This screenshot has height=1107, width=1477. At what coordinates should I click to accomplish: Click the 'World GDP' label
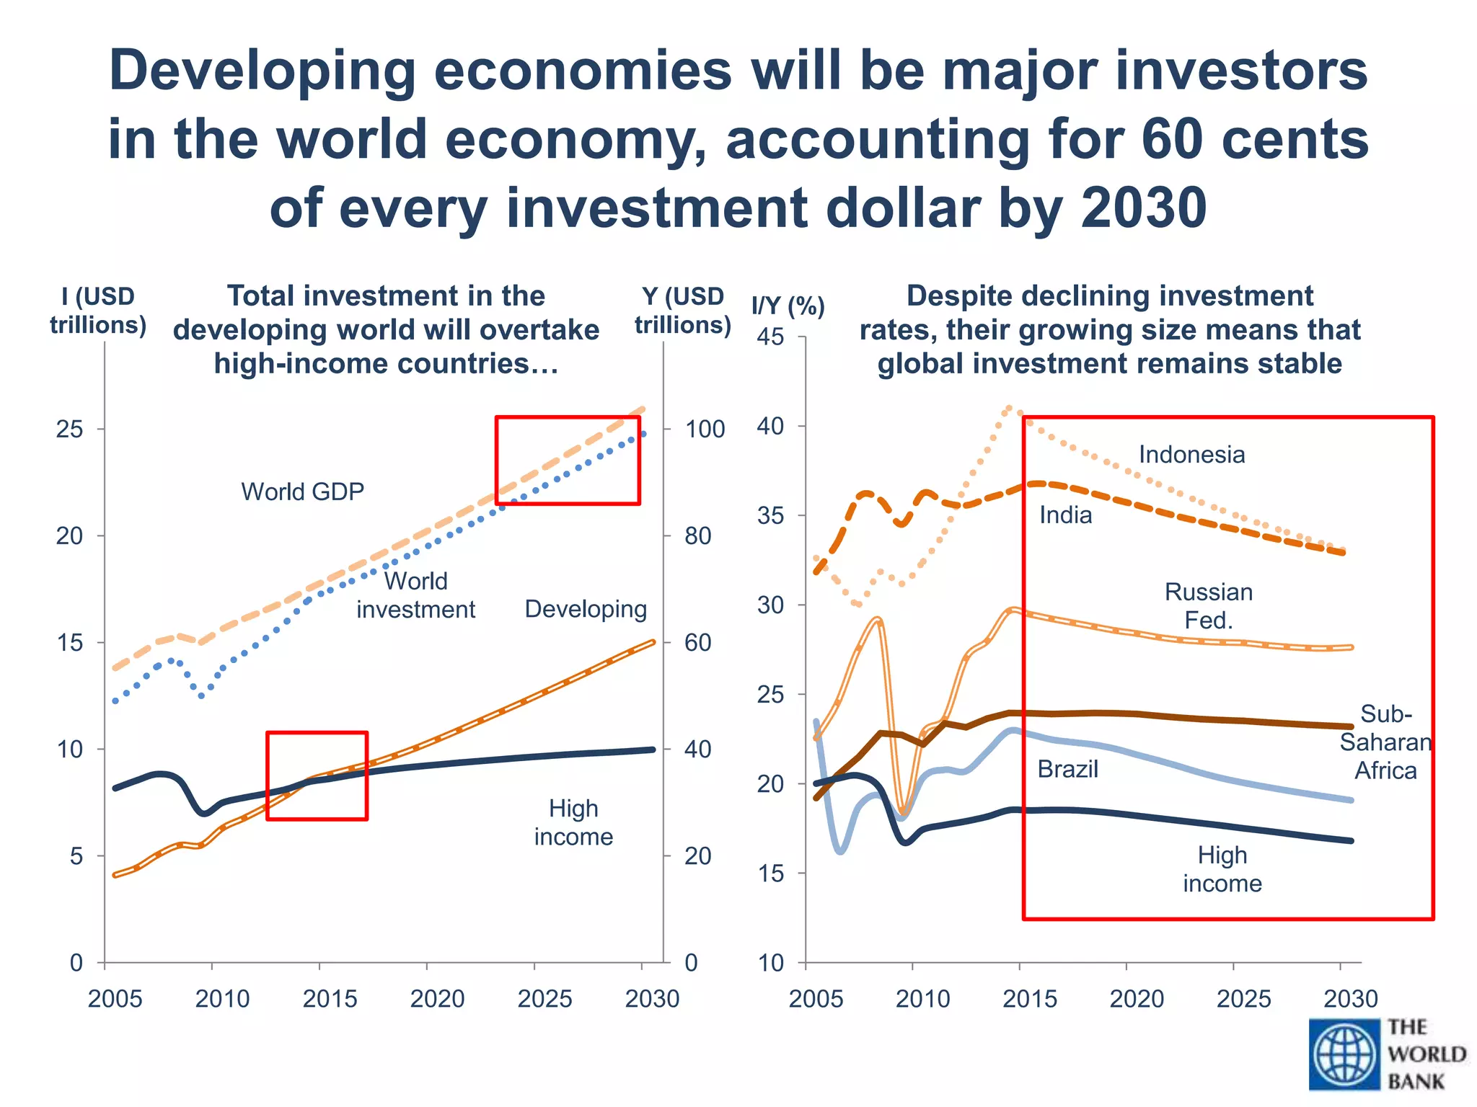(x=302, y=492)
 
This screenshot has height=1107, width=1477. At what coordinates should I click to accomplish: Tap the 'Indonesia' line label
(x=1191, y=455)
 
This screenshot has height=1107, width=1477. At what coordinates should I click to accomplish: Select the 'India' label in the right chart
(x=1065, y=515)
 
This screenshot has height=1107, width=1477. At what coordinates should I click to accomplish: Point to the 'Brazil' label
(x=1067, y=769)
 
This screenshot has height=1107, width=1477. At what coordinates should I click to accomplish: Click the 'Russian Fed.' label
(x=1209, y=606)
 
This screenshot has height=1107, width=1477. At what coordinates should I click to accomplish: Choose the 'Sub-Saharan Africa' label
(x=1385, y=742)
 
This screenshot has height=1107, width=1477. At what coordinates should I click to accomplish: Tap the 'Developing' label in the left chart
(x=586, y=609)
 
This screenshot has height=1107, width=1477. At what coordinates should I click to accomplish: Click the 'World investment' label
(x=416, y=595)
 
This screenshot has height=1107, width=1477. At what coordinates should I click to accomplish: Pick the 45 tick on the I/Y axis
(x=770, y=337)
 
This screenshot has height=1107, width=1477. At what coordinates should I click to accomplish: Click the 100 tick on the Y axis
(x=705, y=430)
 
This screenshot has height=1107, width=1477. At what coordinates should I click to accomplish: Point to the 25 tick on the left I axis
(x=70, y=430)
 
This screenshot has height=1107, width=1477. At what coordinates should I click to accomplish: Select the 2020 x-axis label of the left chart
(x=437, y=999)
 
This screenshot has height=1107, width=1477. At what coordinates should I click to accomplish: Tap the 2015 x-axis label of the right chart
(x=1030, y=999)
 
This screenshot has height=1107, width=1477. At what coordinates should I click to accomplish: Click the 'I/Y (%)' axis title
(x=788, y=306)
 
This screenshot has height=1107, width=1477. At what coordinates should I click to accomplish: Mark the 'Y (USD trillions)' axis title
(x=683, y=311)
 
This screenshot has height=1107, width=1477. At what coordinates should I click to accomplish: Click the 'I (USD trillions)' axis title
(x=98, y=311)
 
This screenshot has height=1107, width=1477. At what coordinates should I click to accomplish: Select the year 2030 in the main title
(x=1144, y=208)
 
